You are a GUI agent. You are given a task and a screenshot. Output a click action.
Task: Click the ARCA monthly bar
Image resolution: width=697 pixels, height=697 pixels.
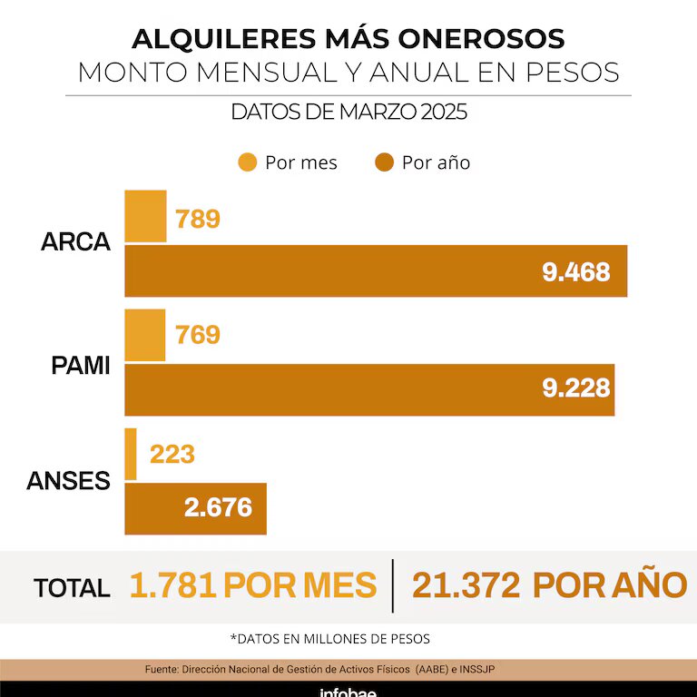tap(145, 216)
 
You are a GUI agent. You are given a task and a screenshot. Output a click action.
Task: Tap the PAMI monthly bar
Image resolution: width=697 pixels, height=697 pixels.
tap(144, 335)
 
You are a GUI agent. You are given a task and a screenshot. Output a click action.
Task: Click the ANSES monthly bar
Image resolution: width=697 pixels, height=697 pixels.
tap(131, 454)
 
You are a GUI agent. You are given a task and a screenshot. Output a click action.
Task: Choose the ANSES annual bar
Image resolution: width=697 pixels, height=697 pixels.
tap(195, 508)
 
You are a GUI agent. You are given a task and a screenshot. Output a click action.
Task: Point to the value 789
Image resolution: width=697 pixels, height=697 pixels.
tap(198, 219)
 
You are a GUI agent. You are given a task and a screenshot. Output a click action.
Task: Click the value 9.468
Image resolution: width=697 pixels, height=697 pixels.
tap(575, 271)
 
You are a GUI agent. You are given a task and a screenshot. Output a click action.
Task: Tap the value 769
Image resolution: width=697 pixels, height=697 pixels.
tap(198, 335)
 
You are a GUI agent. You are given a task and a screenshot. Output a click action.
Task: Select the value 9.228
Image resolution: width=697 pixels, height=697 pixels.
tap(575, 388)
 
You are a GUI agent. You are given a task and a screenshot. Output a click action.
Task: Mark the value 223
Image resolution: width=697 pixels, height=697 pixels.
tap(172, 453)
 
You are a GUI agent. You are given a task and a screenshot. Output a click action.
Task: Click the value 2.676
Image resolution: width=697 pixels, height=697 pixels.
tap(218, 507)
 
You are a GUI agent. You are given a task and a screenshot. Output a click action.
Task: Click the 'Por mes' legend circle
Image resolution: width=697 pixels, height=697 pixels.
tap(247, 162)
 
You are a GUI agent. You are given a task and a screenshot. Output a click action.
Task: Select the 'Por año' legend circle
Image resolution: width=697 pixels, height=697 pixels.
tap(384, 162)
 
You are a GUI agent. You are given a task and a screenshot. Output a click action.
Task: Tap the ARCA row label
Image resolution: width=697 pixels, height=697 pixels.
tap(76, 243)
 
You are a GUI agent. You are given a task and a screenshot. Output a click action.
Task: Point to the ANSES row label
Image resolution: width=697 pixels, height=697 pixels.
tap(68, 481)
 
